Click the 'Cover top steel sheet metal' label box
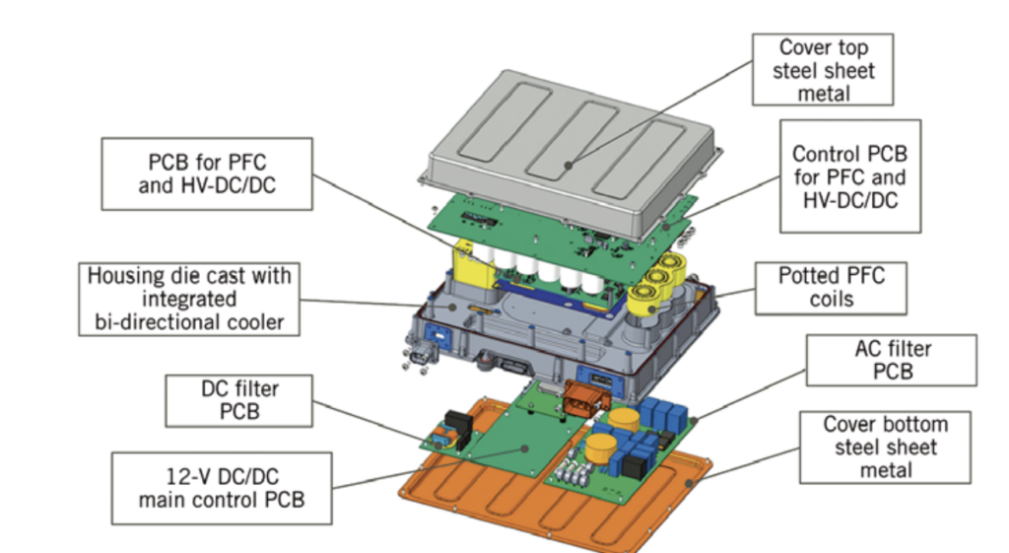(823, 70)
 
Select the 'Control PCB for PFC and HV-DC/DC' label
(849, 176)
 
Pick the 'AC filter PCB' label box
(892, 361)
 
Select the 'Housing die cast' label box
(189, 299)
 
